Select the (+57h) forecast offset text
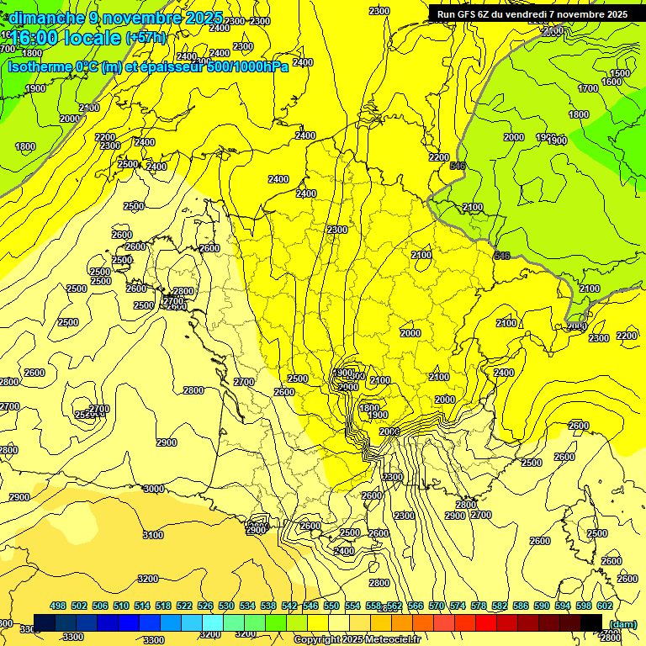click(145, 38)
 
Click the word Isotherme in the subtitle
click(39, 66)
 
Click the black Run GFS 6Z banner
click(530, 14)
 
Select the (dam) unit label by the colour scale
click(622, 623)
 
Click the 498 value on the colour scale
click(58, 606)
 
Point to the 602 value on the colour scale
click(604, 606)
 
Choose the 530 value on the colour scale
click(226, 606)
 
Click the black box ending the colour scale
click(591, 622)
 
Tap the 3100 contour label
click(153, 535)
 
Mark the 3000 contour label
click(154, 489)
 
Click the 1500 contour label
click(619, 73)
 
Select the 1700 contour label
click(588, 88)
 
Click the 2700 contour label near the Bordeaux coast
click(244, 382)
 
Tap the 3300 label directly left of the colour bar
click(29, 628)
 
